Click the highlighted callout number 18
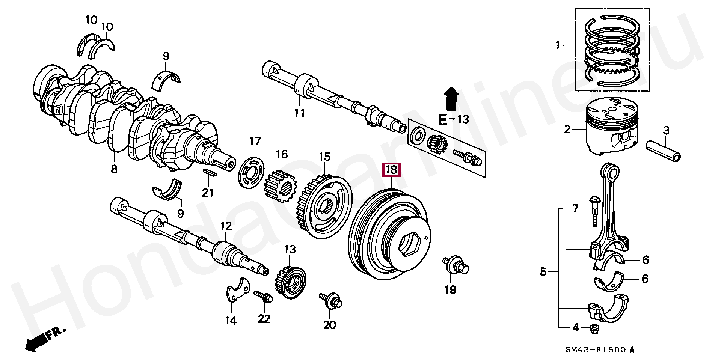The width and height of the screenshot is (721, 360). pyautogui.click(x=391, y=170)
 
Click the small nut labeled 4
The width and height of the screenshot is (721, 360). pyautogui.click(x=594, y=329)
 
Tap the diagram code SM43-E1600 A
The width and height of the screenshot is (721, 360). pyautogui.click(x=600, y=350)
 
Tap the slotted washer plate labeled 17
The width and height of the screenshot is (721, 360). pyautogui.click(x=252, y=173)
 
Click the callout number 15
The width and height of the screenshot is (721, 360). pyautogui.click(x=324, y=157)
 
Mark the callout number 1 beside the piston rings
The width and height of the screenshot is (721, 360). pyautogui.click(x=558, y=45)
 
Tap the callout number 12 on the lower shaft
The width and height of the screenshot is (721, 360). pyautogui.click(x=226, y=226)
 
